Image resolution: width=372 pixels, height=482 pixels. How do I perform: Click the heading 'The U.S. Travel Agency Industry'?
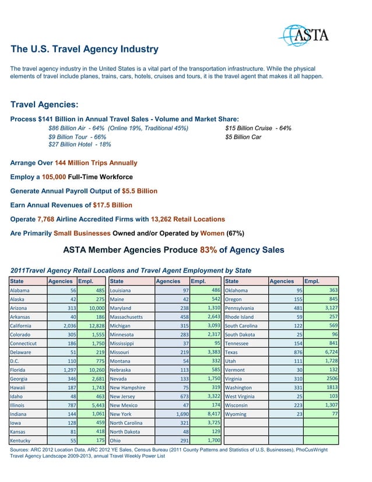(x=85, y=50)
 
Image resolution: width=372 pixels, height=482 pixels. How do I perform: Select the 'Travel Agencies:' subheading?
(x=44, y=105)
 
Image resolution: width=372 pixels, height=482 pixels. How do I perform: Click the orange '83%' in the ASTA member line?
(x=209, y=250)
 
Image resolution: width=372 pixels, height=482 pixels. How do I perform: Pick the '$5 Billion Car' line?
(x=243, y=137)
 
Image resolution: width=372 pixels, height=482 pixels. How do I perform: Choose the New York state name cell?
(x=121, y=415)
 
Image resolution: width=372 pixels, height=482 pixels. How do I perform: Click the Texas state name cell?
(x=231, y=352)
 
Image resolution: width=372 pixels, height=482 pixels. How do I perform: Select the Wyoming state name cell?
(x=236, y=415)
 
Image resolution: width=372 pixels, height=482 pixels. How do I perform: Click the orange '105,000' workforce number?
(x=54, y=177)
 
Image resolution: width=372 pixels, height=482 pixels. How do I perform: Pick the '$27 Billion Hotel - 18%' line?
(x=80, y=145)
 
